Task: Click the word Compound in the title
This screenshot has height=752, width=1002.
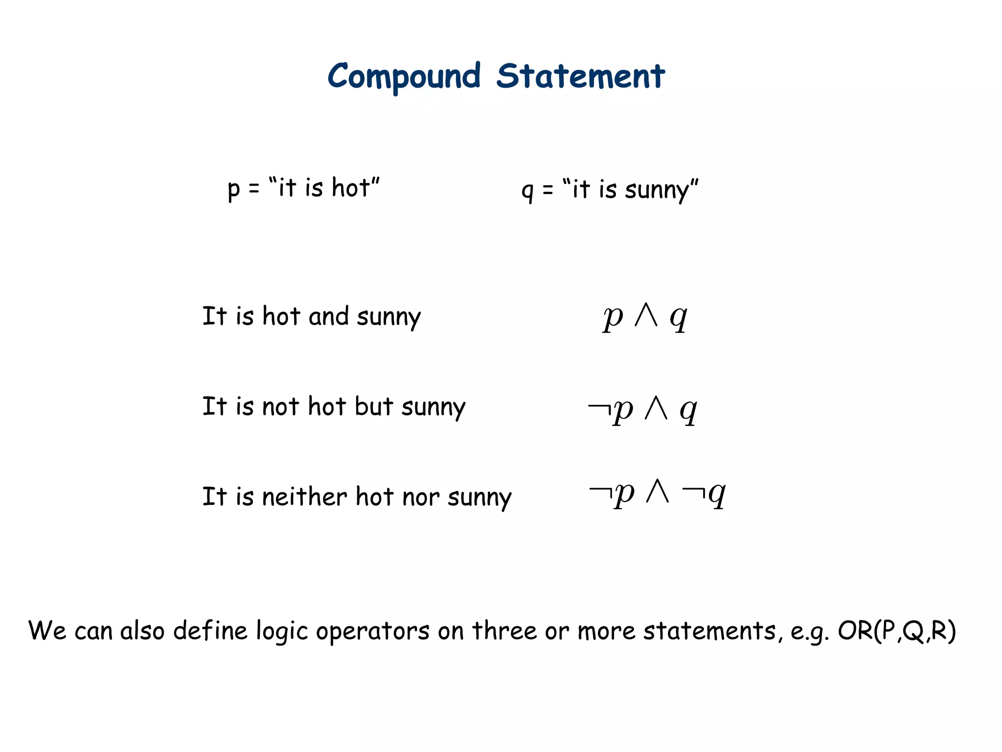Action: tap(404, 77)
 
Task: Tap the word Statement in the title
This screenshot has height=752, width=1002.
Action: tap(580, 77)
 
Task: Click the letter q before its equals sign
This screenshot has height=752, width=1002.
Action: tap(527, 191)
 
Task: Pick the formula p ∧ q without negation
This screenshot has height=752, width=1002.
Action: tap(645, 317)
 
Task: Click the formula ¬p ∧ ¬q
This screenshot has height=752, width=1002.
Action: tap(657, 493)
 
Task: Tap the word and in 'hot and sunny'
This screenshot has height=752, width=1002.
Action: tap(328, 316)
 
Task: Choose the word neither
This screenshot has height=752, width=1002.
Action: tap(304, 497)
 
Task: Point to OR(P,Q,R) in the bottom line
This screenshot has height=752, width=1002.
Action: tap(896, 631)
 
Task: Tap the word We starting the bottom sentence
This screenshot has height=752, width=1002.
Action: tap(47, 631)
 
